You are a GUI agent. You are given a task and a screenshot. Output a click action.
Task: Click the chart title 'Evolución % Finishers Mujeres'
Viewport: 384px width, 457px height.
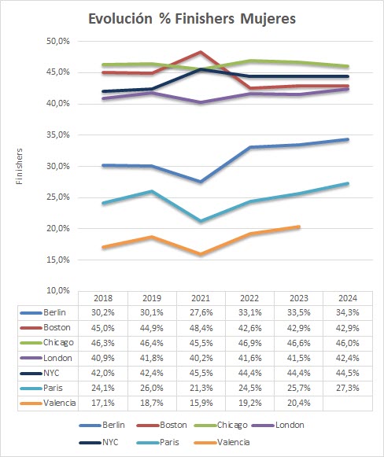(192, 19)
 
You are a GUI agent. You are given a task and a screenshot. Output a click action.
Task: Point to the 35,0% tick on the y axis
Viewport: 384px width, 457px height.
(58, 135)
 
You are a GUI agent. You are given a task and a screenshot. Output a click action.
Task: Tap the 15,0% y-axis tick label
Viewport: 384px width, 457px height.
(58, 260)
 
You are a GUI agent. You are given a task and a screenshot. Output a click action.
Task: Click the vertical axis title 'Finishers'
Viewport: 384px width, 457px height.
(19, 166)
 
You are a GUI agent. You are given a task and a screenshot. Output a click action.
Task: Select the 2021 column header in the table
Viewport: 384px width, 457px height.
(201, 298)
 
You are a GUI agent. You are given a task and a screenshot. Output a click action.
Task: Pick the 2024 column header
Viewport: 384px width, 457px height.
(348, 298)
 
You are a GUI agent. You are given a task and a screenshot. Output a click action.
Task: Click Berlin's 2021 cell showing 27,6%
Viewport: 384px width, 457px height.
(201, 313)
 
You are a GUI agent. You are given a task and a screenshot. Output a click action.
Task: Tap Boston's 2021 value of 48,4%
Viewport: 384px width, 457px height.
(201, 328)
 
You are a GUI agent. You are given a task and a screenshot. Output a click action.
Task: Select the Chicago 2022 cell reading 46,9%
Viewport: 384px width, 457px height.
(249, 343)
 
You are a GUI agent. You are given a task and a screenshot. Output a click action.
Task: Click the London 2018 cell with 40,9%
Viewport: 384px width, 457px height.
(102, 358)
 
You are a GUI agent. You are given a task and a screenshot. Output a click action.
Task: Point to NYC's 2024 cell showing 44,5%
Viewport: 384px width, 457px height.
(348, 373)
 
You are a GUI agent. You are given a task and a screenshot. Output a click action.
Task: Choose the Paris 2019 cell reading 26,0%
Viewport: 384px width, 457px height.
(152, 389)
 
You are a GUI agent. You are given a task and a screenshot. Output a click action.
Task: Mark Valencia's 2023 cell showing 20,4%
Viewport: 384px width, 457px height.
(298, 403)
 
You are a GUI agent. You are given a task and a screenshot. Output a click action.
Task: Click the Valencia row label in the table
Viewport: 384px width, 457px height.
(60, 403)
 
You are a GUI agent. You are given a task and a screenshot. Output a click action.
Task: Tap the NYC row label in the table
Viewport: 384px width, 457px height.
(51, 373)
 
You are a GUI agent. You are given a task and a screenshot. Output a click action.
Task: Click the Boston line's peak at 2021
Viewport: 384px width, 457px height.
(201, 52)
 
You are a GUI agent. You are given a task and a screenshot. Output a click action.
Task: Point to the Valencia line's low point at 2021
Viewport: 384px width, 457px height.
(201, 254)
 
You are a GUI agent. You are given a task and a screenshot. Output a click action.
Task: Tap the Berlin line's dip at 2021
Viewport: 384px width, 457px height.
(201, 181)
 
